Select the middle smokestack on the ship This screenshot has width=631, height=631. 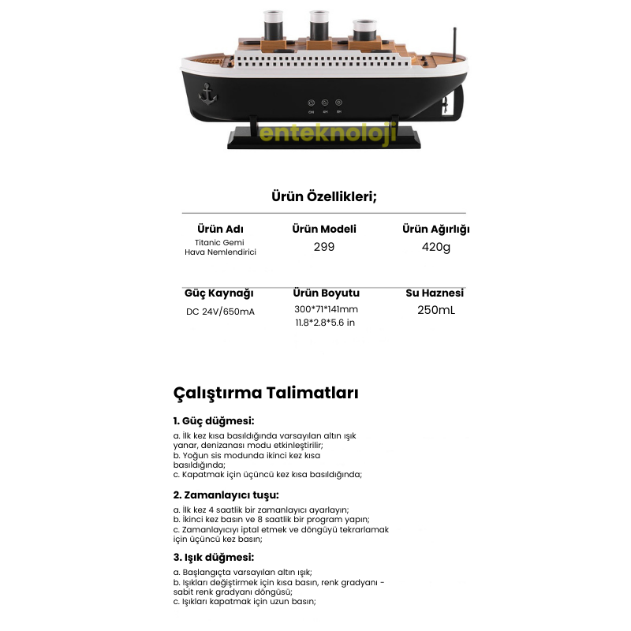pos(320,24)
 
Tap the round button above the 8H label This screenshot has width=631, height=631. pos(338,103)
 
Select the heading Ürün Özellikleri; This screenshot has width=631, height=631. pos(323,196)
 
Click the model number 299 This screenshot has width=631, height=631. pos(323,247)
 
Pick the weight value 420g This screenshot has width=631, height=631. pos(435,247)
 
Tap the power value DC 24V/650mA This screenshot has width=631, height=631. pos(220,312)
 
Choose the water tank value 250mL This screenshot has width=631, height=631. pos(435,310)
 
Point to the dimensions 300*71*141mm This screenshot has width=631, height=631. pos(326,309)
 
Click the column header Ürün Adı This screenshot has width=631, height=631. pos(220,229)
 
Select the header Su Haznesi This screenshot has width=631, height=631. pos(435,293)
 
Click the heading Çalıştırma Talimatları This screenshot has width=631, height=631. pos(266,392)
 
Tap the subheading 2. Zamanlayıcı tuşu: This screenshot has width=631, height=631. pos(226,495)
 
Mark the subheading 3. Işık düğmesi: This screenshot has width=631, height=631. pos(214,557)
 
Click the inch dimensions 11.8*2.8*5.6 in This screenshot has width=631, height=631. pos(326,323)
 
